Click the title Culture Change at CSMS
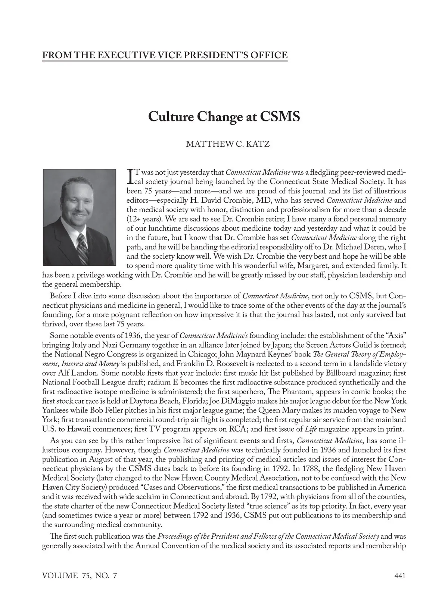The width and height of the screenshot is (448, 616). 224,116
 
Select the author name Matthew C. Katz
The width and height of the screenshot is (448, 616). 227,144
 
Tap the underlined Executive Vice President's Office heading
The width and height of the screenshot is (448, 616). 165,56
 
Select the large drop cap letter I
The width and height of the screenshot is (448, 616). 130,176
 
